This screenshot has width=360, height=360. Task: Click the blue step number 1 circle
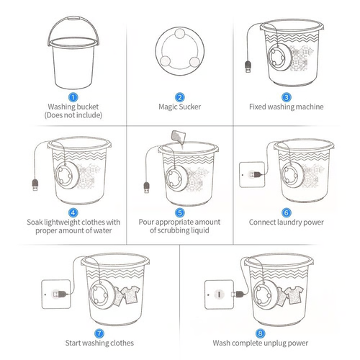73,96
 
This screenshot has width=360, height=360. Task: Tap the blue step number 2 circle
180,96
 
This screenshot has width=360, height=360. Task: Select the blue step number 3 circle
287,96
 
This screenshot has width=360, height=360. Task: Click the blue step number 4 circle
73,213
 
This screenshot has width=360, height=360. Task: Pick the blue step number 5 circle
180,213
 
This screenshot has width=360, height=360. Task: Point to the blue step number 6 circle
287,213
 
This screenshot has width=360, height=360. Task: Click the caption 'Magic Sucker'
180,107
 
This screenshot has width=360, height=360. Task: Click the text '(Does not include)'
73,115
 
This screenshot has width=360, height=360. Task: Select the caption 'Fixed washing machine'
287,107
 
